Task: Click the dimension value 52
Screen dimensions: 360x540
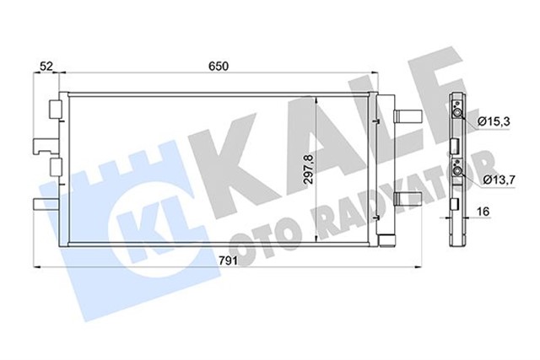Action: (x=47, y=65)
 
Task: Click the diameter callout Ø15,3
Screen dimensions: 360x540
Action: (x=494, y=122)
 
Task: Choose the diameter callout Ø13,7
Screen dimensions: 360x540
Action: (x=499, y=180)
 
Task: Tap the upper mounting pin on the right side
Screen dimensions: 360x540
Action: (x=408, y=114)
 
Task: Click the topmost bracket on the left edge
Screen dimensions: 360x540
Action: (x=53, y=110)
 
